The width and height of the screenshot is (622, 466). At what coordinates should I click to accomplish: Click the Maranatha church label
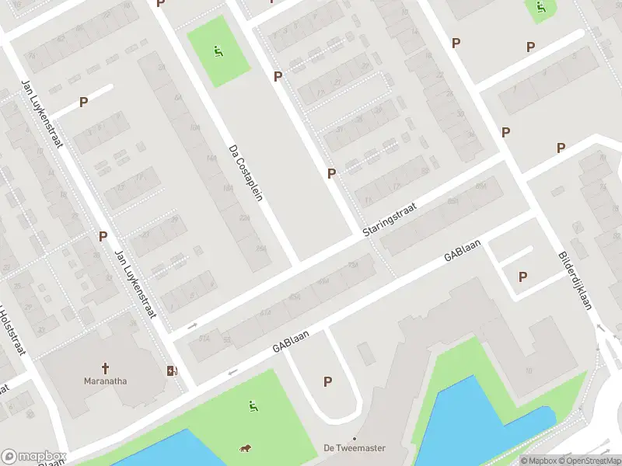tap(105, 381)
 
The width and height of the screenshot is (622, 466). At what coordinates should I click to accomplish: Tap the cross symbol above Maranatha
tap(105, 367)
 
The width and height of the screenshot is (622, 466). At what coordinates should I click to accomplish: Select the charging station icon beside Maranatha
tap(172, 370)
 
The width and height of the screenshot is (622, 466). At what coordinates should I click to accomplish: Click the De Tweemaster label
tap(355, 448)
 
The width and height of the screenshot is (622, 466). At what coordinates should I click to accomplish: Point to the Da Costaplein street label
tap(246, 173)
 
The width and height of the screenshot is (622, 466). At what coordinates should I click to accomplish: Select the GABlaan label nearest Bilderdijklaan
tap(463, 250)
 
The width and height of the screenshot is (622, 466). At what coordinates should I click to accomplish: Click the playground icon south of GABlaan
tap(253, 405)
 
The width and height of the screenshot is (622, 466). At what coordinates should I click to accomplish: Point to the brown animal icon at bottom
tap(244, 449)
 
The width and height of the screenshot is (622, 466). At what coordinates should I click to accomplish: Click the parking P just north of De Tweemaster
tap(327, 381)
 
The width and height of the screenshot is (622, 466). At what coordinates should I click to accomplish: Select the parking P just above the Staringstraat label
tap(332, 174)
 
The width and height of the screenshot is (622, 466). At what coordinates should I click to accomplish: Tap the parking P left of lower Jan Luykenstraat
tap(103, 236)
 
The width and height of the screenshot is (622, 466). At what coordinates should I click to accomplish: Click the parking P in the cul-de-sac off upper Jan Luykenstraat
tap(83, 102)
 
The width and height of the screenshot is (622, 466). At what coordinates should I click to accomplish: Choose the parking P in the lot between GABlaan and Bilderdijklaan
tap(522, 276)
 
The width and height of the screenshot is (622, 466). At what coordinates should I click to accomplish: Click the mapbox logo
tap(33, 457)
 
